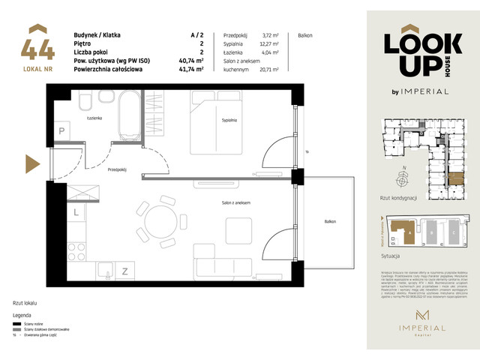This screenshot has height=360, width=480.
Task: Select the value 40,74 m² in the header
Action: [x=193, y=61]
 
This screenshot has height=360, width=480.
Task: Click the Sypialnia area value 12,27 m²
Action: [x=269, y=44]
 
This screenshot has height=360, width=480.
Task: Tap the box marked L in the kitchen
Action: [x=76, y=213]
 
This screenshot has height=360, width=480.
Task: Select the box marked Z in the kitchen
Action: [x=125, y=270]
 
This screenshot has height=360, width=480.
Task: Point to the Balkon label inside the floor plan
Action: [x=331, y=221]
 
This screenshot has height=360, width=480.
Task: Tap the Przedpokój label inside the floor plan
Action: [x=117, y=169]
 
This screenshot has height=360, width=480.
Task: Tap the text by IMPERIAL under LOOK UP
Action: [x=421, y=91]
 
